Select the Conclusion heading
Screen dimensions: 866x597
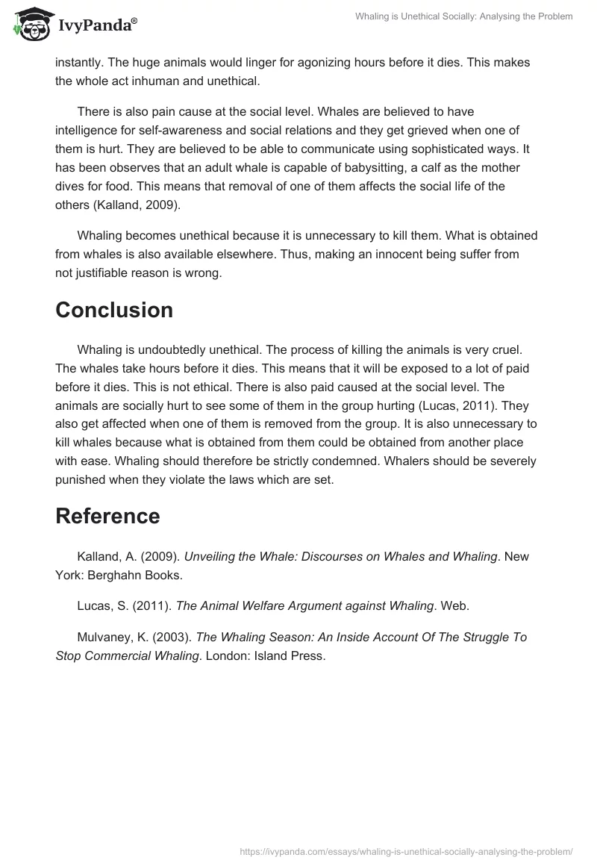pos(113,310)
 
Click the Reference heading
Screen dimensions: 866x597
pos(107,516)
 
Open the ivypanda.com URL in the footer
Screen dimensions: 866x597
pos(406,850)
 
